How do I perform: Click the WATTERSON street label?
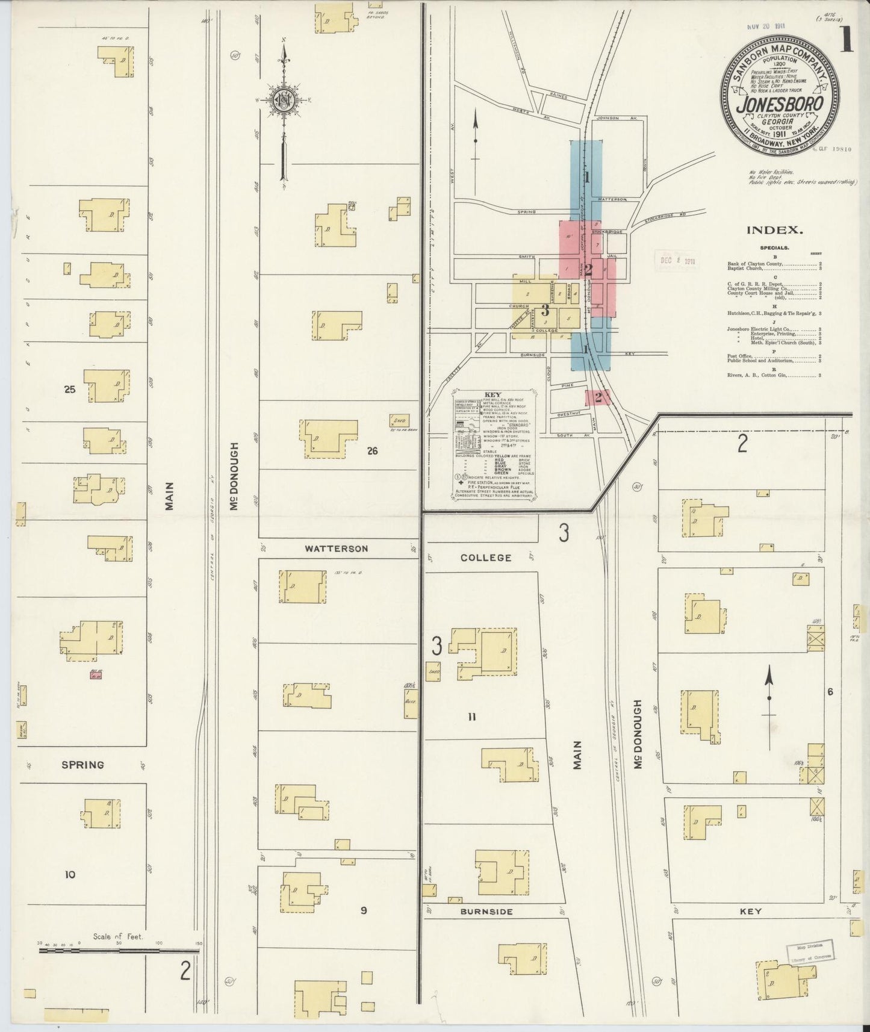(336, 549)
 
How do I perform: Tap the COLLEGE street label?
(486, 558)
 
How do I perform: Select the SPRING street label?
(82, 765)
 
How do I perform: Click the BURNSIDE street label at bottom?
(486, 912)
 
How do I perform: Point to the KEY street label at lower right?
(751, 912)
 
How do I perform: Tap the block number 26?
(372, 450)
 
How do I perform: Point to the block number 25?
(70, 390)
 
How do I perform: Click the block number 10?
(70, 874)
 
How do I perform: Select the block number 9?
(364, 910)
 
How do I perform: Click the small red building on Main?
(95, 676)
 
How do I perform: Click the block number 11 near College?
(471, 716)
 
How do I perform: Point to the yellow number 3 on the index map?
(545, 311)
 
